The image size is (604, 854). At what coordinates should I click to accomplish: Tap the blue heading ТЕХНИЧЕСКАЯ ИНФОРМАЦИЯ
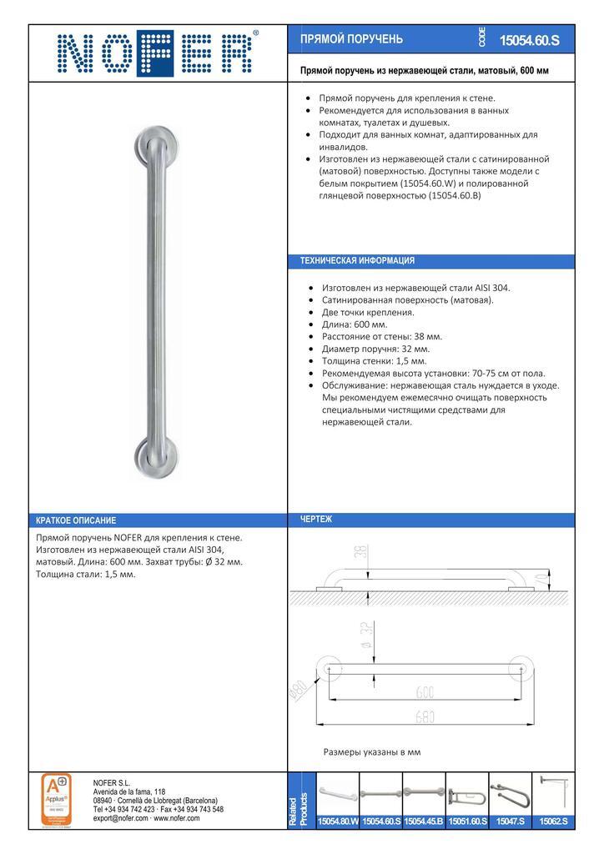click(357, 261)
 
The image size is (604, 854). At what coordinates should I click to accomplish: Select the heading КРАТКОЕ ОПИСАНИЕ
click(76, 520)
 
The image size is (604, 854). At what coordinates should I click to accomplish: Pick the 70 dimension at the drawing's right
click(543, 576)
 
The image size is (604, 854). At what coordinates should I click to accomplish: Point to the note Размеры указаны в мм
click(371, 752)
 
